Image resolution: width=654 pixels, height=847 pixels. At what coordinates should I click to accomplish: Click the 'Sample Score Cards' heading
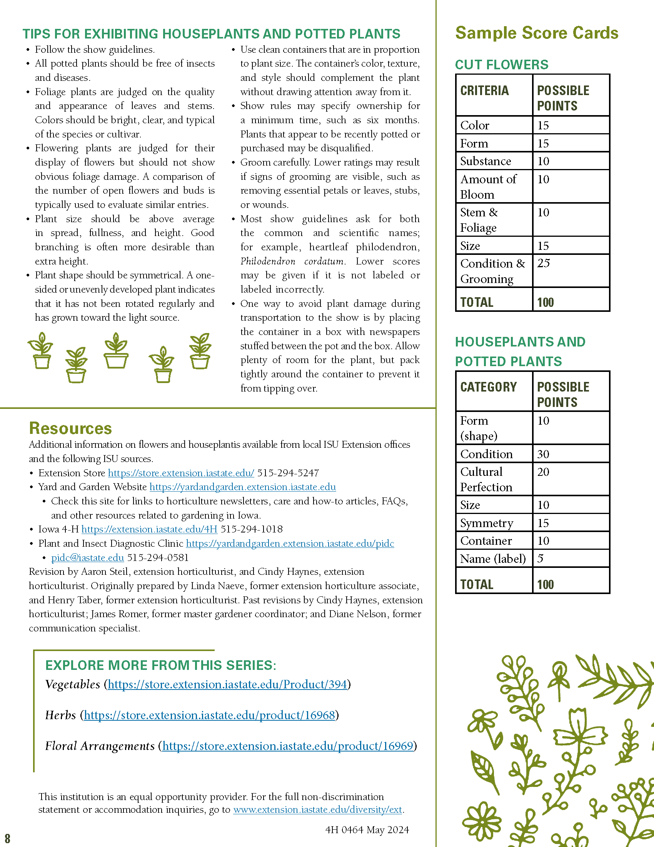coord(537,33)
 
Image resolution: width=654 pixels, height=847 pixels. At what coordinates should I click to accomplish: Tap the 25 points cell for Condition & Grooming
coord(544,263)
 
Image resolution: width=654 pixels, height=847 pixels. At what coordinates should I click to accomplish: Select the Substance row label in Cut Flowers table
coord(485,161)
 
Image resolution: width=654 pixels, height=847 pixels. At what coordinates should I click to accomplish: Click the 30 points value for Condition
coord(543,454)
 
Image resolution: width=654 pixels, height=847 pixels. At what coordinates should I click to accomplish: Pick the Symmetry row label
coord(487,523)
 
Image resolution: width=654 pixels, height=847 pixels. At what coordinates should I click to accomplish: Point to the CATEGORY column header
coord(489,387)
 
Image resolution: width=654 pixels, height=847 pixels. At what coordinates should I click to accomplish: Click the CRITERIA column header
coord(484,91)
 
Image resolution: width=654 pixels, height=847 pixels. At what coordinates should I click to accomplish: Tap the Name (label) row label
coord(493,559)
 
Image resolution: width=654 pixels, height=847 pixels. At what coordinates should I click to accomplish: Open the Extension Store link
coord(181,473)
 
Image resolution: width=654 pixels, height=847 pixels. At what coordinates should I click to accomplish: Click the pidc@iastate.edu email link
coord(88,558)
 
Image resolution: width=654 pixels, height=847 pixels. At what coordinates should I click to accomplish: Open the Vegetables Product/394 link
coord(227,685)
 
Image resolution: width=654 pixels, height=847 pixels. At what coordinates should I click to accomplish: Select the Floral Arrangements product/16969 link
coord(288,746)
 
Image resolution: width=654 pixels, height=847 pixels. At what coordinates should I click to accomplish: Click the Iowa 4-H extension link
coord(149,529)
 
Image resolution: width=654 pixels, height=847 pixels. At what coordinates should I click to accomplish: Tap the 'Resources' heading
coord(70,429)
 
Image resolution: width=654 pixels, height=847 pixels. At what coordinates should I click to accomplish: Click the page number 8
coord(7,839)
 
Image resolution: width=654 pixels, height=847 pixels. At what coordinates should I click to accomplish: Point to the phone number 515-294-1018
coord(252,529)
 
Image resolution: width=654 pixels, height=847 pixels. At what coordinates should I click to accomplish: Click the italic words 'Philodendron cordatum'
coord(292,261)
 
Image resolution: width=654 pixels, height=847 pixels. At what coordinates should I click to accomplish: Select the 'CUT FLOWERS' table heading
coord(502,65)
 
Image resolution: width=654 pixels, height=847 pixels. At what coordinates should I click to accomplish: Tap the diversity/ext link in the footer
coord(318,810)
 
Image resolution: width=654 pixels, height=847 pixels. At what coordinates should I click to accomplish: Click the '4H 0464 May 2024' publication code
coord(367,830)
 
